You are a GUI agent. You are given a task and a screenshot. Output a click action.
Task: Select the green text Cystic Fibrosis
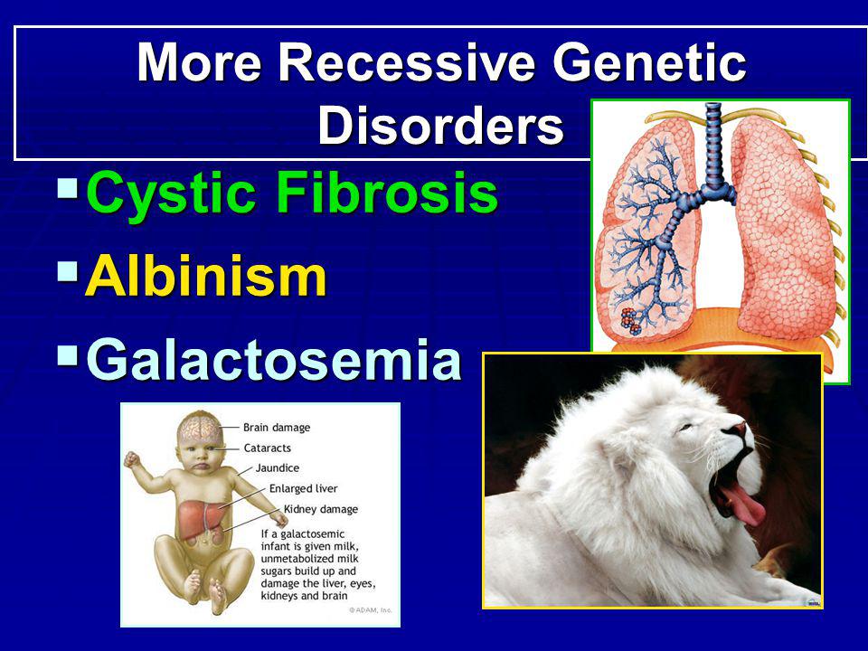(x=292, y=192)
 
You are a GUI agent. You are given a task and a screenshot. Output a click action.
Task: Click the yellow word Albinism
(x=206, y=276)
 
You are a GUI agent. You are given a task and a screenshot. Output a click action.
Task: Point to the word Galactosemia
(x=274, y=360)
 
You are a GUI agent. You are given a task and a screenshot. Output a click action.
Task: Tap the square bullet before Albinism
(x=68, y=270)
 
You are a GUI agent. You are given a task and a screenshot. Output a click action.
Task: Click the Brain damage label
(x=277, y=428)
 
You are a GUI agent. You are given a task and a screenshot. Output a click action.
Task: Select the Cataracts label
(x=268, y=448)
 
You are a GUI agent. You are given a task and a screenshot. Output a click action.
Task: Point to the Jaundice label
(x=278, y=468)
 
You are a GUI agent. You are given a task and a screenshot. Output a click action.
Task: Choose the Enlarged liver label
(x=304, y=489)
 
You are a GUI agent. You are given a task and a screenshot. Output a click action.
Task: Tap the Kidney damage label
(x=321, y=509)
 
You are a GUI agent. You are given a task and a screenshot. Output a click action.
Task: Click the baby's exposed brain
(x=201, y=429)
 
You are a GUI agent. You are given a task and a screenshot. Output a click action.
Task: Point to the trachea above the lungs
(x=713, y=143)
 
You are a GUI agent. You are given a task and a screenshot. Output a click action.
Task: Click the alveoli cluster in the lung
(x=631, y=322)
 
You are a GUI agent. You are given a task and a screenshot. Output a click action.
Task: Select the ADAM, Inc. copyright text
(x=371, y=610)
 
